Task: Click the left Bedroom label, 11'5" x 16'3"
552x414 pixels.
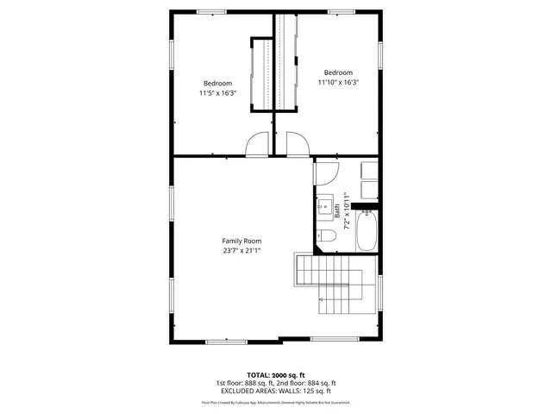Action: pos(217,83)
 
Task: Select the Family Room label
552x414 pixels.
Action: pos(241,241)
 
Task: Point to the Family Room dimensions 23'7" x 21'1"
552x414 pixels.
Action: pos(241,250)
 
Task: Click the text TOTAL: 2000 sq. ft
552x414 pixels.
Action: pos(276,375)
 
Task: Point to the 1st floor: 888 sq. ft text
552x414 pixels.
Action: pos(244,383)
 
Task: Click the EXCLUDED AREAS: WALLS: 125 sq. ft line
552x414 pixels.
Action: pos(276,391)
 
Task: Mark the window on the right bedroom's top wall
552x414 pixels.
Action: pos(340,11)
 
